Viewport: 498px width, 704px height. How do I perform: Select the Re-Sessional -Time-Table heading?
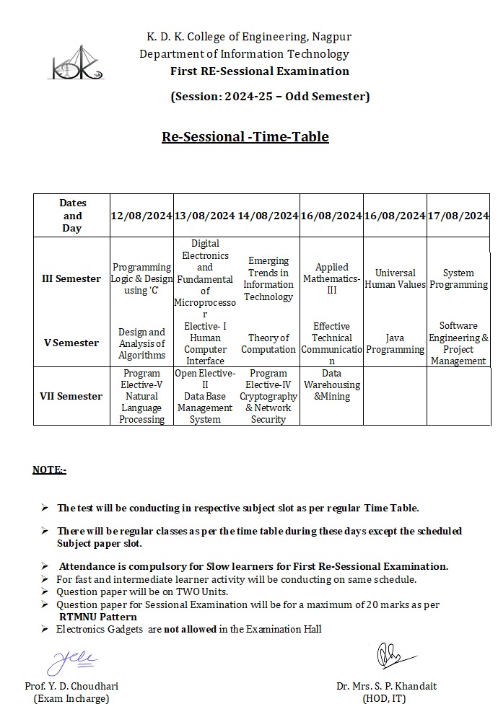click(245, 136)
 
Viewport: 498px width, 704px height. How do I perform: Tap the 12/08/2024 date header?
click(141, 216)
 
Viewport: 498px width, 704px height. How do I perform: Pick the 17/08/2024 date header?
click(458, 216)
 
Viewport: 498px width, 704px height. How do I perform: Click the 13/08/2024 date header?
click(205, 216)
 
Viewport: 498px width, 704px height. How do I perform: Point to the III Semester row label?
click(71, 278)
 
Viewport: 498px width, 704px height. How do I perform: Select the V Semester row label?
click(71, 343)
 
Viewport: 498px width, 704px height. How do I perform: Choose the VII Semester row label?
click(71, 396)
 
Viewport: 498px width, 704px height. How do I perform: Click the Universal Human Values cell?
click(395, 278)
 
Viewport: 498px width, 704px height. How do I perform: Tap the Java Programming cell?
click(395, 343)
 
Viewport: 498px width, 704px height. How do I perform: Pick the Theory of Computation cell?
click(268, 343)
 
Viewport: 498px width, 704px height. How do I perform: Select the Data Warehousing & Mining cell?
click(331, 384)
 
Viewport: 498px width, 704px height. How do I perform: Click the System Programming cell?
click(458, 278)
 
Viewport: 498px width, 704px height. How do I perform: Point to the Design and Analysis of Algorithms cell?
click(141, 343)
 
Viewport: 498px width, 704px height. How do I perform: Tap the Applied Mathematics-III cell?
click(331, 278)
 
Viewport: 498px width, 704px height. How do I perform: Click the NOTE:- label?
click(49, 470)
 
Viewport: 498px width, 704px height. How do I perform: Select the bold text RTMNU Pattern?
click(97, 617)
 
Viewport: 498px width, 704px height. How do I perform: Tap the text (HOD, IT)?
click(386, 698)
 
